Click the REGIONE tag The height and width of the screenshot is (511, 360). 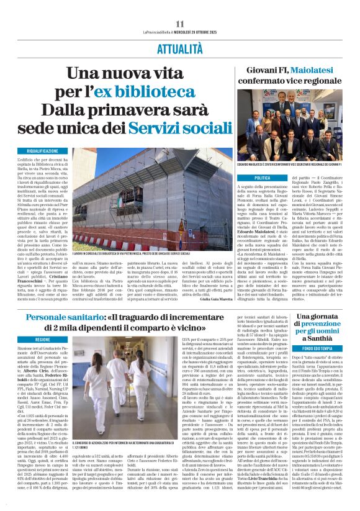42,341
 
